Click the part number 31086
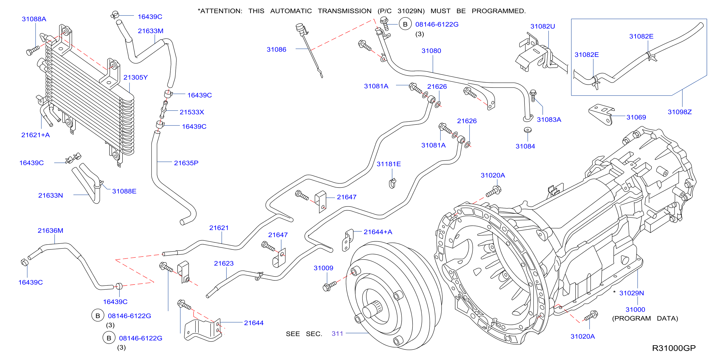(276, 49)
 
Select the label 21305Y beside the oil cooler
(135, 77)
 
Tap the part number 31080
(431, 51)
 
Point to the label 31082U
(543, 26)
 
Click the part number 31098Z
(680, 112)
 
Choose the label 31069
(636, 117)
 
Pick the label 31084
(525, 146)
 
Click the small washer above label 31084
(527, 130)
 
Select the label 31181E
(389, 164)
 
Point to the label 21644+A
(378, 232)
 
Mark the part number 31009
(323, 268)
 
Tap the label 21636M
(50, 230)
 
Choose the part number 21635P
(186, 163)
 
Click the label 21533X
(192, 112)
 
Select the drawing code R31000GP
(674, 348)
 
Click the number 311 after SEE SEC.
(337, 334)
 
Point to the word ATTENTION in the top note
(221, 11)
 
